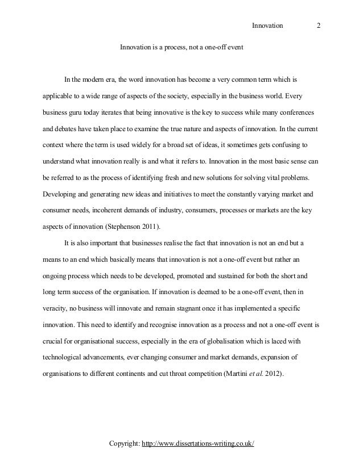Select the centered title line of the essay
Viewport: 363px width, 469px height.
(x=181, y=47)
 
